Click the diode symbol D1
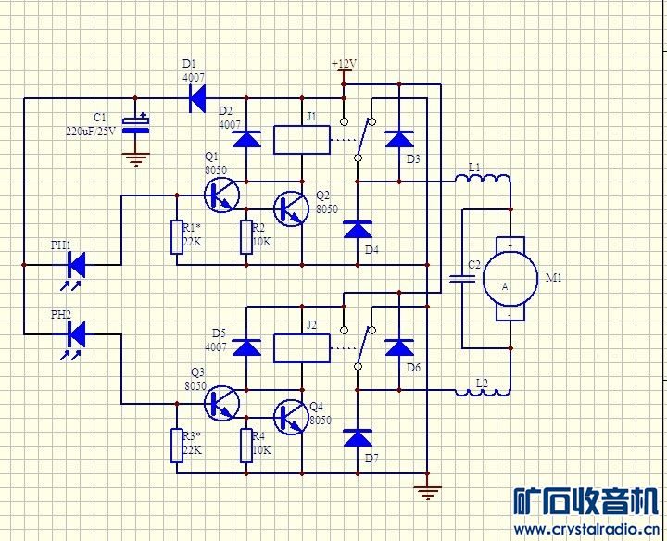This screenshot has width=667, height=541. pos(197,98)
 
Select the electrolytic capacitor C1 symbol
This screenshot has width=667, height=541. pos(135,124)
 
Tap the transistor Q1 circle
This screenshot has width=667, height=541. pos(221,195)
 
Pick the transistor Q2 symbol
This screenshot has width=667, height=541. pos(291,208)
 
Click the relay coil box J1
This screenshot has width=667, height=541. pos(302,140)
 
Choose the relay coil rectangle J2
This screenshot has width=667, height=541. pos(302,348)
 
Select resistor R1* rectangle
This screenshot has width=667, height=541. pos(177,237)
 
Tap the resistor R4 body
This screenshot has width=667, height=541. pos(246,446)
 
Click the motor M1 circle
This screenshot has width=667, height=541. pos(510,279)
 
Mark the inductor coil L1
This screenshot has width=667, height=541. pos(483,179)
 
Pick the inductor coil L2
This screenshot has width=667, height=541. pos(483,391)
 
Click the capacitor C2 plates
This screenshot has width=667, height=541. pos(462,279)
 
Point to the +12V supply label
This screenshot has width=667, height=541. pos(344,64)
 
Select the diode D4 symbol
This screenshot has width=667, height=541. pos(358,229)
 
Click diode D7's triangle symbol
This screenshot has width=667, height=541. pos(358,437)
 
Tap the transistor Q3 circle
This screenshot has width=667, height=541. pos(221,403)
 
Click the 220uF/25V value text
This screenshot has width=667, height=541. pos(90,131)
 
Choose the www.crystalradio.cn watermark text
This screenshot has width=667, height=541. pos(586,530)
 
